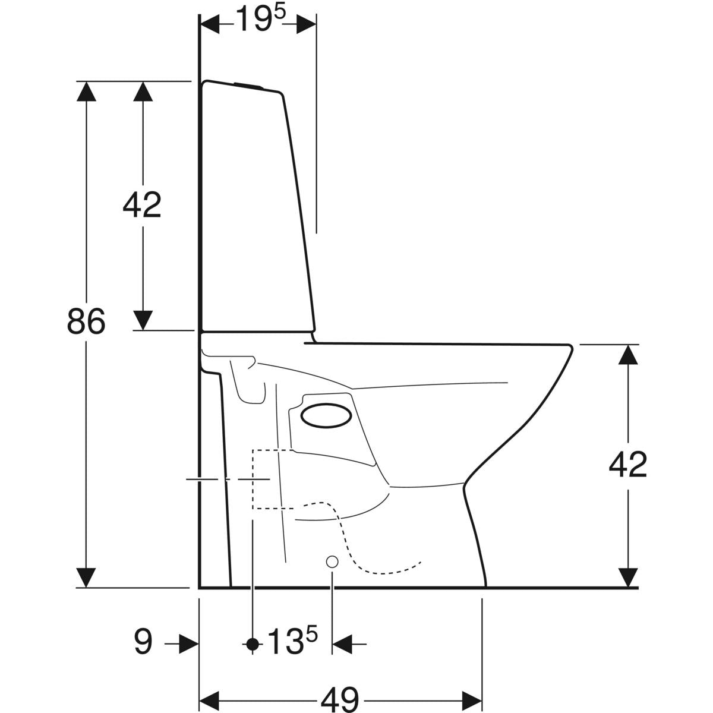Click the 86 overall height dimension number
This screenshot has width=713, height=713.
point(86,321)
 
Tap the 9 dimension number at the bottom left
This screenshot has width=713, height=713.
point(143,642)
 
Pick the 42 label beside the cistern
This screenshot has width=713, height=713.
point(142,205)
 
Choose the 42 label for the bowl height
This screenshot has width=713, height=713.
point(627,465)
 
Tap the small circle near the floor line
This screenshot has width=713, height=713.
point(332,561)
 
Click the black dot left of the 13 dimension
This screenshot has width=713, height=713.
point(253,643)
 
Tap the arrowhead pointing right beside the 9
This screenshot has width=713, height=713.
point(189,643)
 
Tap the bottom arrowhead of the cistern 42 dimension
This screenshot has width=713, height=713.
point(142,320)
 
